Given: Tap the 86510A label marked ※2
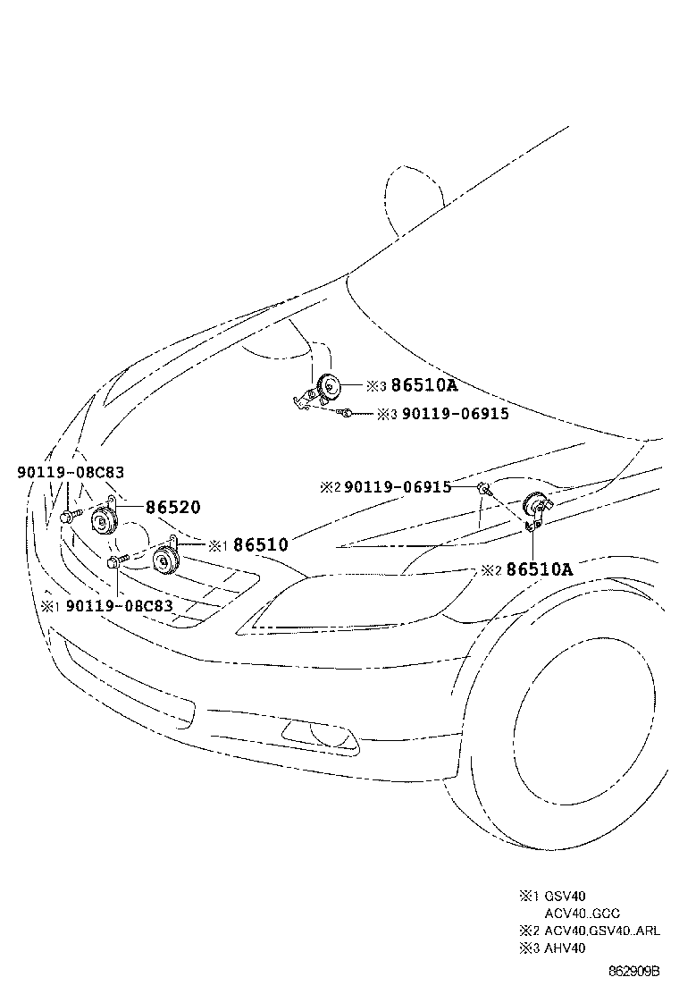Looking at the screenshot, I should point(539,569).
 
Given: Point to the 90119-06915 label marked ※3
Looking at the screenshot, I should point(455,414).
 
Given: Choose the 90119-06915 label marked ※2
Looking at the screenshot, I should point(397,487).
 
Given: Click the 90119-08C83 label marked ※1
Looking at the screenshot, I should point(119,605).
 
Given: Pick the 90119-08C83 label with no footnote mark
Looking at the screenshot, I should point(71,472).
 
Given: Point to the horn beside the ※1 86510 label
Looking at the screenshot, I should point(164,561).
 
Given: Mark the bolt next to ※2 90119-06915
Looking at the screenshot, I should point(483,488).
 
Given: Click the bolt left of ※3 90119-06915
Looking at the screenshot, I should point(345,412).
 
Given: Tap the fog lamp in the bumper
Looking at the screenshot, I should point(317,735).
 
